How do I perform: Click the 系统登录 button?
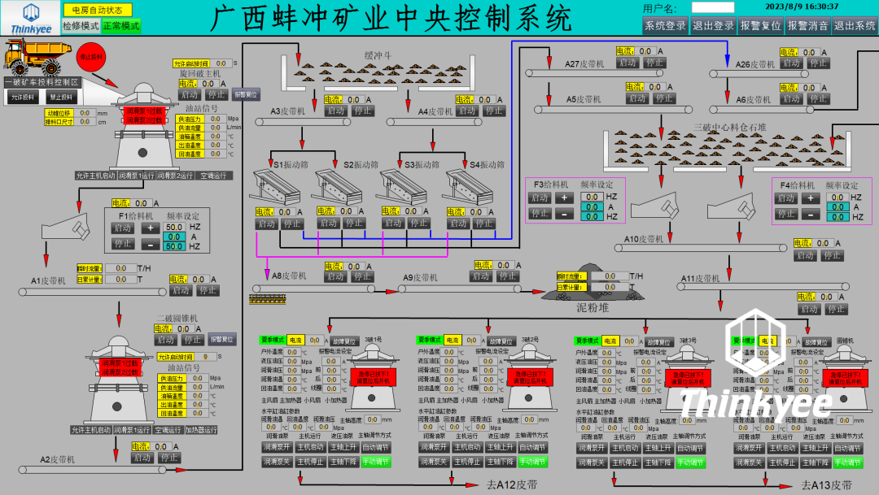665,25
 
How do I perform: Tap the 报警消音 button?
807,25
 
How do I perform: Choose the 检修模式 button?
80,26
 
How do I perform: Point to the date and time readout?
802,7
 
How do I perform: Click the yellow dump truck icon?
33,58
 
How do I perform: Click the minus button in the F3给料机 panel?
563,214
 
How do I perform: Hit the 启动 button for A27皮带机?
628,63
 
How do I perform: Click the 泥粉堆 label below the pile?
593,307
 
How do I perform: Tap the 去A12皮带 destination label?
512,484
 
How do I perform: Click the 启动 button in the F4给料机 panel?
785,198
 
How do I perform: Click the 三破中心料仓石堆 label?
730,128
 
